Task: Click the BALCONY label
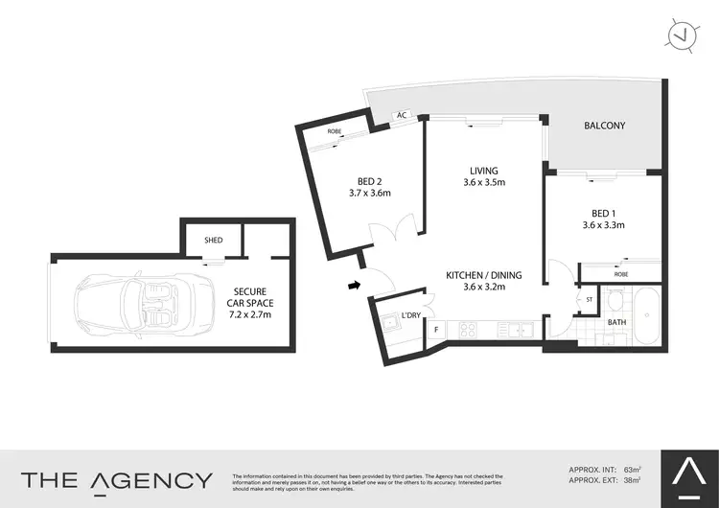604,126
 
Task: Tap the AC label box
403,116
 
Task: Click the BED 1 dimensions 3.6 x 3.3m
604,226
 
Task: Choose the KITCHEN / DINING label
482,275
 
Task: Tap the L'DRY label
412,314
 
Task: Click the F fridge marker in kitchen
437,331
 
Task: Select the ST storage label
591,300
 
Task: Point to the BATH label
618,322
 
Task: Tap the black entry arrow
354,284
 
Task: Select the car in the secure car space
127,303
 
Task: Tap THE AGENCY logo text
116,479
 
